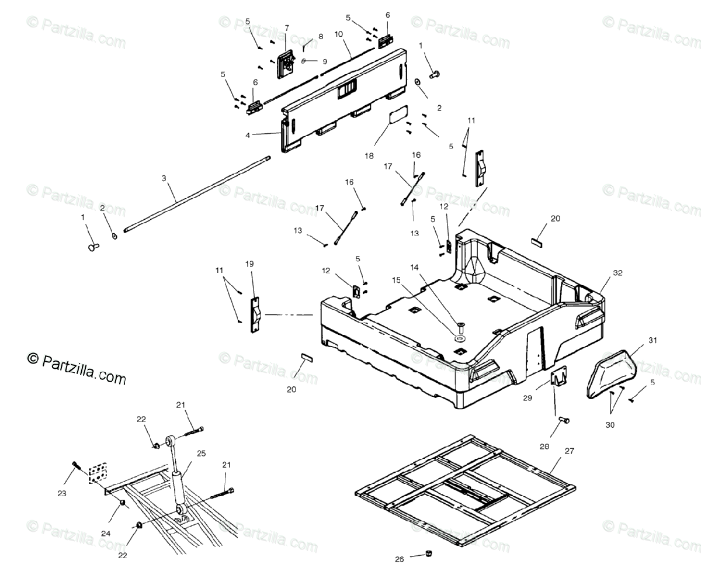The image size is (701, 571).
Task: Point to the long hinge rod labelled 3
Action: [x=193, y=199]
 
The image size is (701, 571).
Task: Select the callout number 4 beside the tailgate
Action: [x=248, y=135]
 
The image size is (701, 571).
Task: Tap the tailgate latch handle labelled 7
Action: [x=286, y=63]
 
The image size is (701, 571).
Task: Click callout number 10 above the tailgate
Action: [x=338, y=34]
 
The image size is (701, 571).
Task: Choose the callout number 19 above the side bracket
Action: [x=249, y=264]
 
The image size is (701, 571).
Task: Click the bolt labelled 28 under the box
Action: [x=564, y=420]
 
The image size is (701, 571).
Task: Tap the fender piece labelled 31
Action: [x=613, y=372]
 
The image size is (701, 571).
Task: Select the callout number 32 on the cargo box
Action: [x=618, y=273]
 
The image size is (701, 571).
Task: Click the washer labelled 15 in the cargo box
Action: [x=460, y=338]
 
